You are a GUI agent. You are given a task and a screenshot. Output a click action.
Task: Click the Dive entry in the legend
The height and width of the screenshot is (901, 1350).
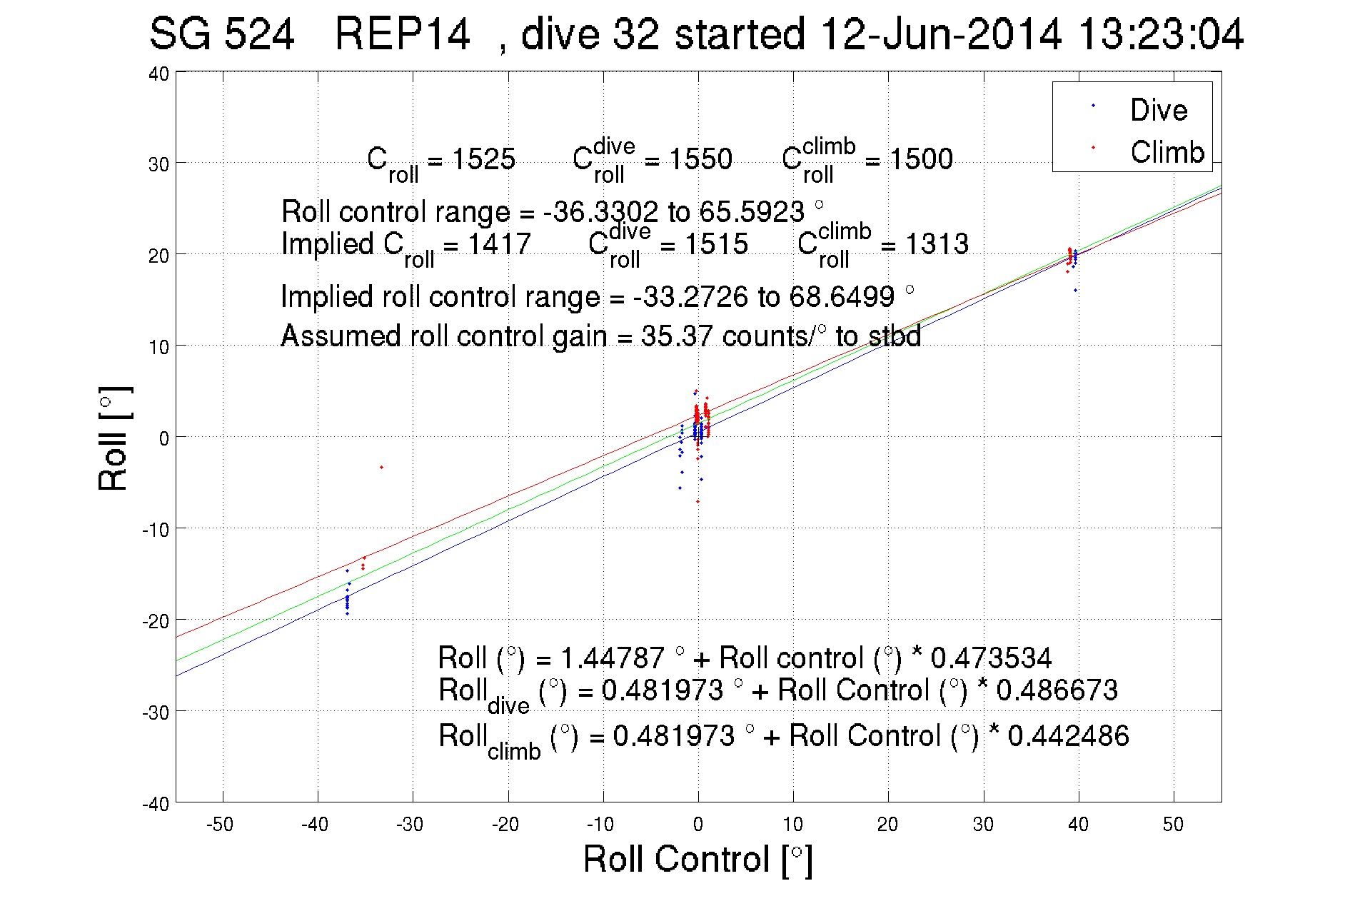pyautogui.click(x=1158, y=110)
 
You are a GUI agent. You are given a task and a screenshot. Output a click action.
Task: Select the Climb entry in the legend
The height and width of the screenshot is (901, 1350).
pyautogui.click(x=1167, y=152)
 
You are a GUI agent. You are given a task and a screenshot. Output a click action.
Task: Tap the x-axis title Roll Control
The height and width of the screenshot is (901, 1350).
pyautogui.click(x=697, y=859)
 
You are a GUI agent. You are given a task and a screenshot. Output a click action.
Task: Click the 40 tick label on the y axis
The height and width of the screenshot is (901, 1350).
pyautogui.click(x=158, y=74)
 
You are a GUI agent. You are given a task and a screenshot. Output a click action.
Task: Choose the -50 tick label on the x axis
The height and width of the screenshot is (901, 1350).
pyautogui.click(x=220, y=825)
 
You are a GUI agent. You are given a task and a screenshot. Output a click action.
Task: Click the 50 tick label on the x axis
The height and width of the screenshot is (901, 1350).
pyautogui.click(x=1173, y=825)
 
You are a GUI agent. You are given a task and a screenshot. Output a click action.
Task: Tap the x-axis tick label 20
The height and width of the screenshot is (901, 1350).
pyautogui.click(x=887, y=825)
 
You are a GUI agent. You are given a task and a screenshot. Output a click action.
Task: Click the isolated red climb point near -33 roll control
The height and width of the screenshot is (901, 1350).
pyautogui.click(x=382, y=467)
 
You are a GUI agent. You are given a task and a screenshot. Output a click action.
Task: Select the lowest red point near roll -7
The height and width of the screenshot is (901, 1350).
pyautogui.click(x=697, y=501)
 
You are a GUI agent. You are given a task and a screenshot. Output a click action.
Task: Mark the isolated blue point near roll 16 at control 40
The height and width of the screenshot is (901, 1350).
pyautogui.click(x=1075, y=291)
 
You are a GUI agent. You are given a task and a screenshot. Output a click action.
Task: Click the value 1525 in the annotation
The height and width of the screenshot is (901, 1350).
pyautogui.click(x=483, y=159)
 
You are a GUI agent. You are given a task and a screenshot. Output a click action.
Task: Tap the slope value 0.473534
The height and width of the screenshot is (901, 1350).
pyautogui.click(x=991, y=658)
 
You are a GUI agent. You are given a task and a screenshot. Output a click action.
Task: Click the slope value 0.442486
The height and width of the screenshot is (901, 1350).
pyautogui.click(x=1068, y=736)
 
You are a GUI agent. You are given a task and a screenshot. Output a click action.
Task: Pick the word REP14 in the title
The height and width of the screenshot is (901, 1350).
pyautogui.click(x=403, y=34)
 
